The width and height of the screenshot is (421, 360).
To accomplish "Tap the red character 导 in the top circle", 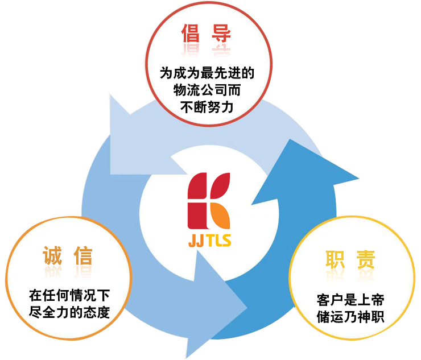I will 221,34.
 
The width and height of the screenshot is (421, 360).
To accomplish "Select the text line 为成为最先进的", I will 207,73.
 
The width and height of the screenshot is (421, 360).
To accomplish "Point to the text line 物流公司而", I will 207,89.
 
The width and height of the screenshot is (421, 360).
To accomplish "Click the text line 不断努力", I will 207,105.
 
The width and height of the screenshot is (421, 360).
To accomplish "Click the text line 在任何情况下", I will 69,296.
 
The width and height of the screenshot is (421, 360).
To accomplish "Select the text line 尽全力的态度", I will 69,312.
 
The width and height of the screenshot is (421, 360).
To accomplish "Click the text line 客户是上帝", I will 350,300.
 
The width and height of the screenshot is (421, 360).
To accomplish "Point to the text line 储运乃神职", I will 350,316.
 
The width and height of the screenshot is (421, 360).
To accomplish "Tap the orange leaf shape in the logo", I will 221,216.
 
